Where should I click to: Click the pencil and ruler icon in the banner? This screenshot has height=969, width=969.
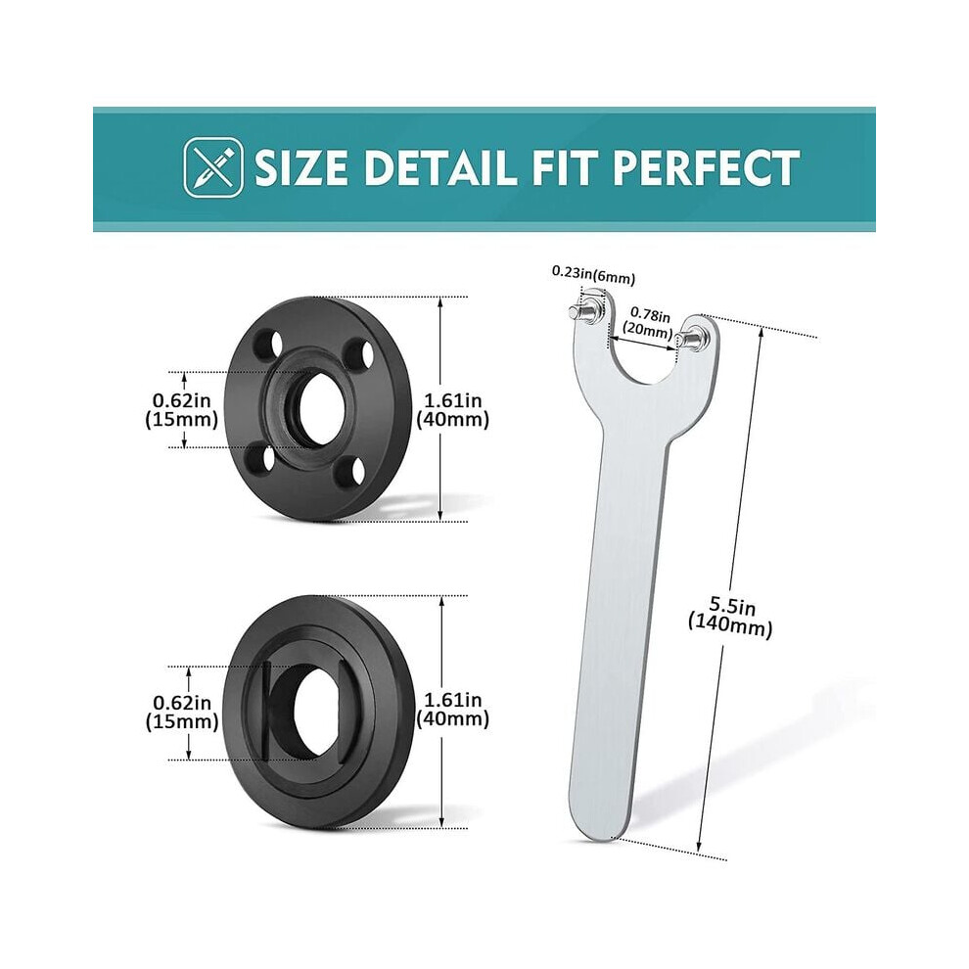[213, 166]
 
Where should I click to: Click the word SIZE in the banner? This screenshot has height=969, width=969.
[300, 167]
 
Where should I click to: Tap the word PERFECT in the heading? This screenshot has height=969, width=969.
[706, 167]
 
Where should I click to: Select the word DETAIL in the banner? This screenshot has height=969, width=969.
[441, 167]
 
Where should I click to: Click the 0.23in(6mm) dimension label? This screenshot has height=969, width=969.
[593, 275]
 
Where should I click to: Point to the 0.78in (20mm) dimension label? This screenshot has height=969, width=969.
[647, 324]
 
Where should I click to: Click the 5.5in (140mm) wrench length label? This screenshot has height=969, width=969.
[731, 617]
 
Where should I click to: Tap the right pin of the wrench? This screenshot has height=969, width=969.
[690, 339]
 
